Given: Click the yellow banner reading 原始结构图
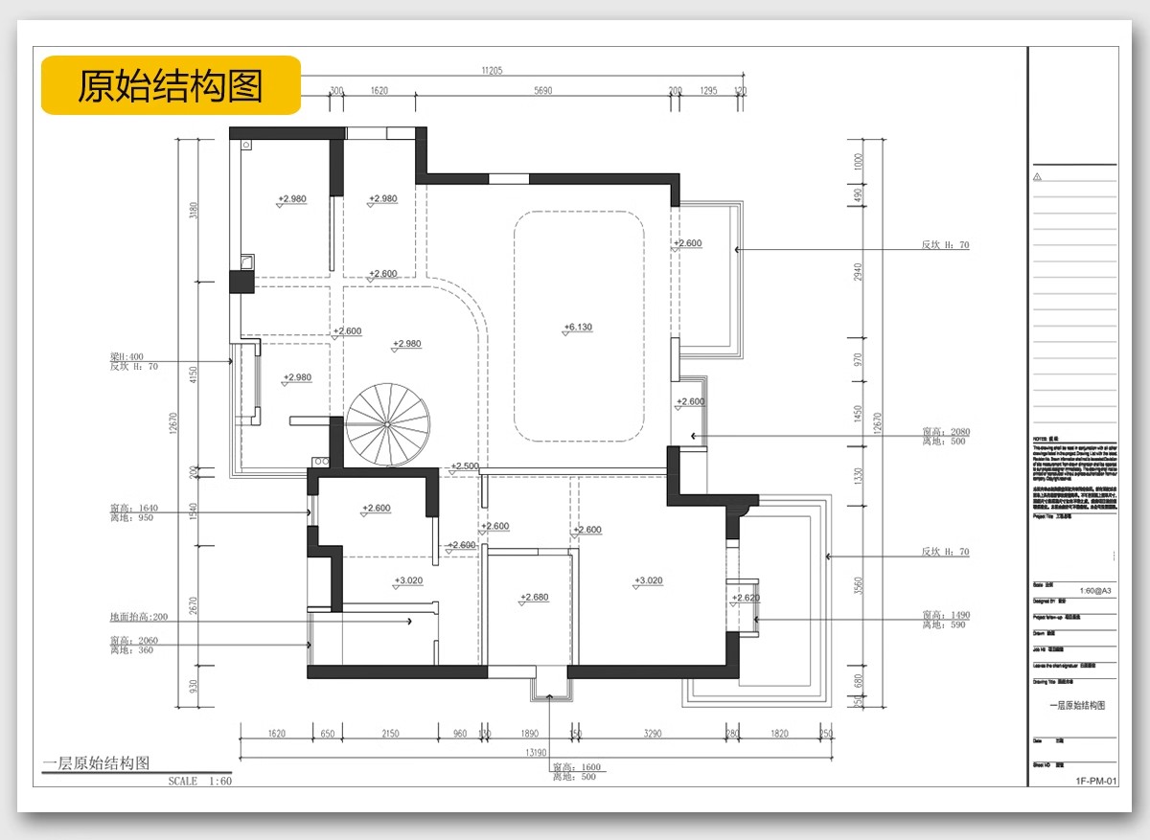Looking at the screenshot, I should coord(171,85).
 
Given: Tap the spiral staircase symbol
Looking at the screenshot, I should coord(387,424).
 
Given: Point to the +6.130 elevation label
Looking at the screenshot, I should coord(578,328).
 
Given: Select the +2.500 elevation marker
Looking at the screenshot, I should coord(465,466).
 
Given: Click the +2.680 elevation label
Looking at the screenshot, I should coord(534,598).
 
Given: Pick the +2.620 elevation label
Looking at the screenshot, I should coord(746,598).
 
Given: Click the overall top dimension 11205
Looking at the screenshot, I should coord(493,70).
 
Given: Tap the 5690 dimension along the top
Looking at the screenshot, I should coord(543,91).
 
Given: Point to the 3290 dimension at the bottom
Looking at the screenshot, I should coord(652,734).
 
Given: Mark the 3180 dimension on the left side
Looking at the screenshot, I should coord(195,210).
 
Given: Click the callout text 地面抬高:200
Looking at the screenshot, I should coord(139,618).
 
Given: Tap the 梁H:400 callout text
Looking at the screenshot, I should coord(126,356).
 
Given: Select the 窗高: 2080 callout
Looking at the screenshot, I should coord(945,432).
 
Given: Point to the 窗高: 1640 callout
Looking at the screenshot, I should coord(134,509).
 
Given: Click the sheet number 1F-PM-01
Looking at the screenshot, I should coord(1096,782).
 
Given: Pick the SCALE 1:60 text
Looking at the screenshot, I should coord(199,782).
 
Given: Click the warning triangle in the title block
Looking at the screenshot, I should coord(1037,176).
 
